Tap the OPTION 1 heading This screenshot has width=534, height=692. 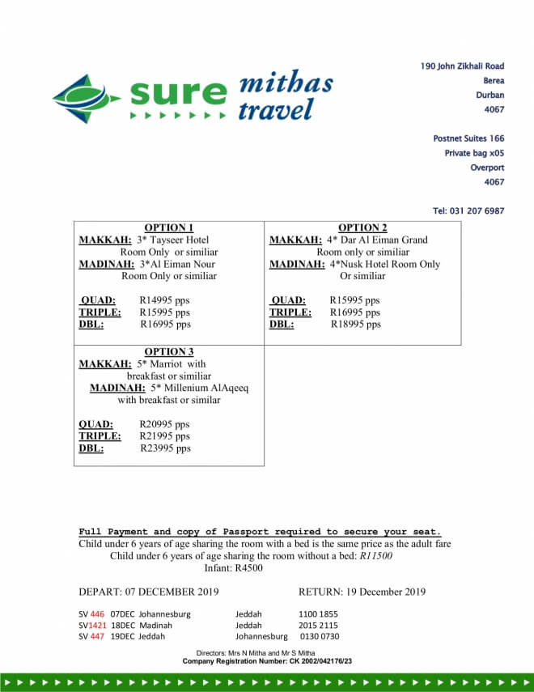click(x=169, y=227)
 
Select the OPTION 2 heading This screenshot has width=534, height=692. click(x=362, y=227)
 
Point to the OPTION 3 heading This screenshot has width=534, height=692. click(x=169, y=351)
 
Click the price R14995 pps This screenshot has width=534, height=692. click(x=165, y=300)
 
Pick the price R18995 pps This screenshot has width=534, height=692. click(x=356, y=325)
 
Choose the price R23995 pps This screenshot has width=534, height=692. click(x=166, y=448)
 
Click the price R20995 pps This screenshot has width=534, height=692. click(x=165, y=424)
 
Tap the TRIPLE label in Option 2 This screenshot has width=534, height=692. click(x=290, y=312)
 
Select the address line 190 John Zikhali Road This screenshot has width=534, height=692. click(x=462, y=66)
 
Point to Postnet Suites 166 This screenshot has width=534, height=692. click(x=468, y=138)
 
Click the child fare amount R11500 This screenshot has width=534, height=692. click(x=376, y=556)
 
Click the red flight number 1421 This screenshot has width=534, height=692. click(x=97, y=626)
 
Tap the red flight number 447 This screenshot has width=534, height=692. click(x=97, y=637)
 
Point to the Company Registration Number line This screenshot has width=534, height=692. click(x=267, y=661)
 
